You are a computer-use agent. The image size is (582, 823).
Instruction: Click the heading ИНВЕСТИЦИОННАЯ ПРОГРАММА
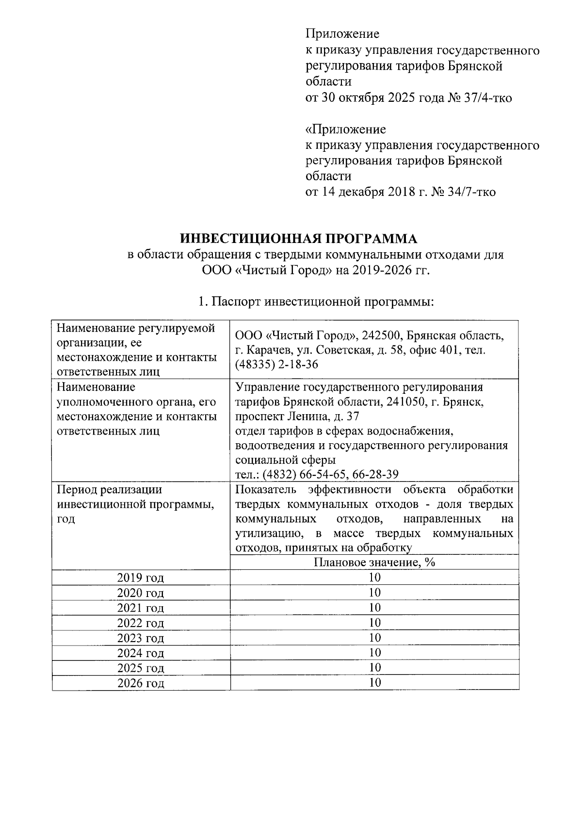(298, 239)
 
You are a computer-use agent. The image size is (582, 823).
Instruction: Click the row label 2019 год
(141, 578)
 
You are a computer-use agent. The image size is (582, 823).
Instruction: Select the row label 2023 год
(141, 638)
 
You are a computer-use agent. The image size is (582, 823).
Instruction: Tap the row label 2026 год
(141, 683)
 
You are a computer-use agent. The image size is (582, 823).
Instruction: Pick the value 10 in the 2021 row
(374, 608)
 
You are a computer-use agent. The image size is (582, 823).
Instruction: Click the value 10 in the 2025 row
(374, 668)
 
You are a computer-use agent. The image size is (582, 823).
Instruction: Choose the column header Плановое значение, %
(374, 563)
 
